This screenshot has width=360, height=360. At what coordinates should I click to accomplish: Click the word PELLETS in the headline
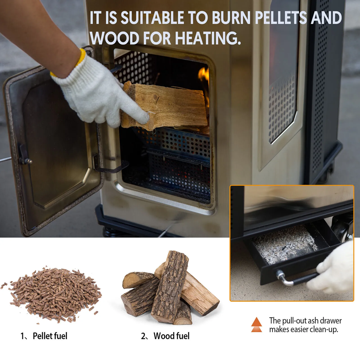point(281,18)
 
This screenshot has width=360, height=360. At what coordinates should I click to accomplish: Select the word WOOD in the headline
point(114,38)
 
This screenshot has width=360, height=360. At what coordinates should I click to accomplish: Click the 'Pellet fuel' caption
point(50,336)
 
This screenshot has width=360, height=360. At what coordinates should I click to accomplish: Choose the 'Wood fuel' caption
point(172,336)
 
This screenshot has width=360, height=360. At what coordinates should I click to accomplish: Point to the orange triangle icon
point(256,325)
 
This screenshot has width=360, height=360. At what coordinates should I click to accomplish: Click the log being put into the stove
point(164,106)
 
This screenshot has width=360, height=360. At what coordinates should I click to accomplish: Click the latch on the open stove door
point(24,155)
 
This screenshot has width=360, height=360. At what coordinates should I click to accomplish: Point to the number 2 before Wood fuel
point(143,336)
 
